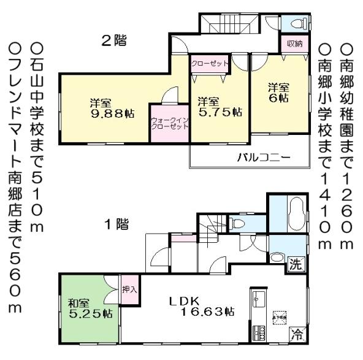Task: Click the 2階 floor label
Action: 113,41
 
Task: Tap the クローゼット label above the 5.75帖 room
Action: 210,63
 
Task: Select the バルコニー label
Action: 263,158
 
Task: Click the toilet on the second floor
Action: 297,25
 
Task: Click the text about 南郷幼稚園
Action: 346,145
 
